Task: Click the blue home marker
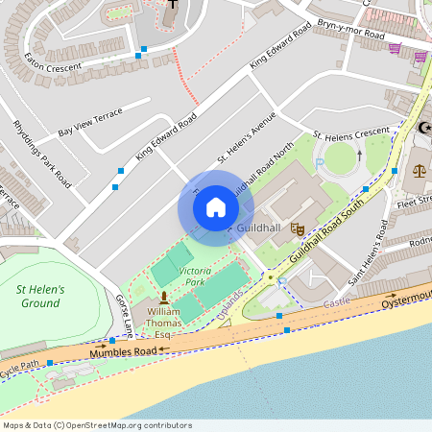click(x=216, y=206)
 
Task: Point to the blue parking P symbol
click(x=322, y=165)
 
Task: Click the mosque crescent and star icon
click(x=425, y=129)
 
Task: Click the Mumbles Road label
click(x=122, y=353)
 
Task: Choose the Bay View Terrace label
click(x=90, y=122)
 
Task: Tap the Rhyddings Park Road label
click(x=42, y=153)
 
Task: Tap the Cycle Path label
click(x=19, y=365)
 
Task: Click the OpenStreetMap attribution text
click(x=97, y=425)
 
